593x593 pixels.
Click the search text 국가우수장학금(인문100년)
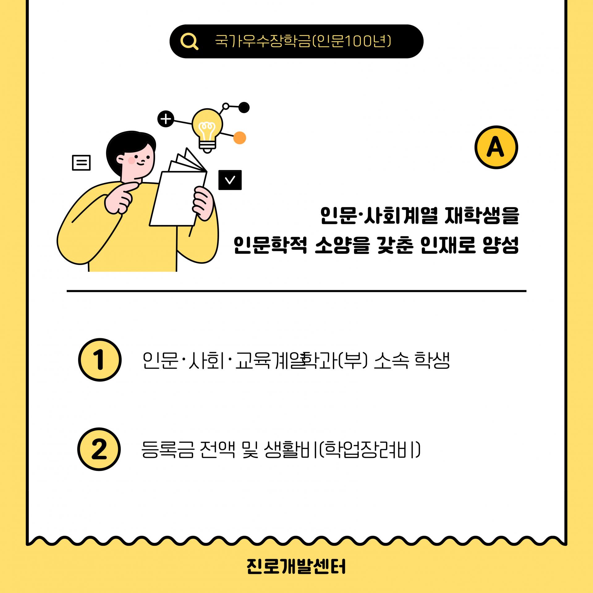click(x=303, y=41)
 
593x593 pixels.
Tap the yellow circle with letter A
click(x=496, y=147)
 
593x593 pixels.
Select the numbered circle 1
click(x=100, y=360)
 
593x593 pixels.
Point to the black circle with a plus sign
click(x=166, y=119)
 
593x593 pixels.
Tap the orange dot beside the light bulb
click(x=239, y=138)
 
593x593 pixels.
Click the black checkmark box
click(x=230, y=180)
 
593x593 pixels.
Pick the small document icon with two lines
click(x=81, y=163)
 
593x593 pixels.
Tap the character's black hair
click(x=130, y=145)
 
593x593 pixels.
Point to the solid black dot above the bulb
click(x=244, y=108)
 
